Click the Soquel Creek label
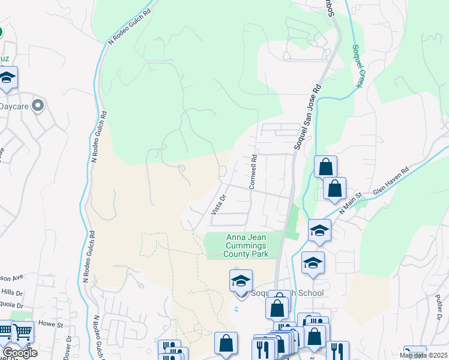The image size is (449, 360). click(357, 66)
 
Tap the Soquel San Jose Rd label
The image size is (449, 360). click(309, 117)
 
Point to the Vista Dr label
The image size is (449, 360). click(218, 205)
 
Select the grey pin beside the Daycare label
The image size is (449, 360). click(38, 106)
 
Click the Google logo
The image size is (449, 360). click(20, 352)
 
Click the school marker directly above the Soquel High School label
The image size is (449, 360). click(241, 281)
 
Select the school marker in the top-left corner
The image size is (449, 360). click(7, 79)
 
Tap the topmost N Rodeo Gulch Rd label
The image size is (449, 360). click(129, 26)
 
